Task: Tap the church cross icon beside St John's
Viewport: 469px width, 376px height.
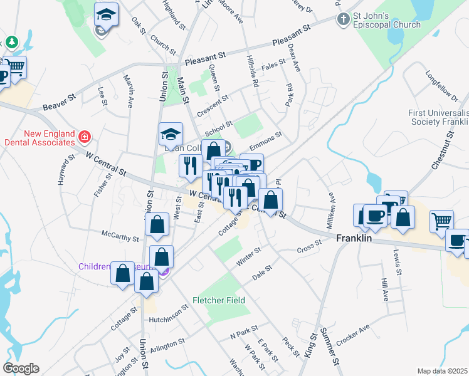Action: pyautogui.click(x=342, y=19)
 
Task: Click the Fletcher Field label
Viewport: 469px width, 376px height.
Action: pyautogui.click(x=219, y=300)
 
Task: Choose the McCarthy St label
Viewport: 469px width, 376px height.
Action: pyautogui.click(x=120, y=237)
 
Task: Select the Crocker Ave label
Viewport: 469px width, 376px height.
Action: pyautogui.click(x=353, y=335)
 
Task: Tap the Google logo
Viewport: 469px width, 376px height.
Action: pyautogui.click(x=21, y=368)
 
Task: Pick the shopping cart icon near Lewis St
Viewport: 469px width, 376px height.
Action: pyautogui.click(x=441, y=220)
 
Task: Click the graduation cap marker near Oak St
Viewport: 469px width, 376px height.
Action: pyautogui.click(x=107, y=14)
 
